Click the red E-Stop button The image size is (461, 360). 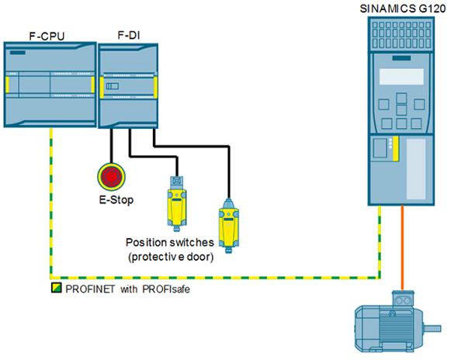click(112, 176)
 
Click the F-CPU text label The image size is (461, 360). click(47, 36)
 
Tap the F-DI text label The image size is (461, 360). click(129, 35)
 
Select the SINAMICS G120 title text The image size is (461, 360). click(403, 9)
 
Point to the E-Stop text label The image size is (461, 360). click(116, 200)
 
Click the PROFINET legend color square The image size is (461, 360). click(57, 288)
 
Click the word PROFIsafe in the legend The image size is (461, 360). click(166, 289)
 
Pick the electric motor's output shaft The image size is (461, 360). click(432, 328)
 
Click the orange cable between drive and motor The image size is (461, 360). click(402, 247)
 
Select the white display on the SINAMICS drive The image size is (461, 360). click(401, 77)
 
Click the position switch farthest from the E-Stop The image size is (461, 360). click(228, 226)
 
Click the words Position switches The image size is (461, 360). click(170, 242)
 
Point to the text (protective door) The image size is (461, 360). click(171, 257)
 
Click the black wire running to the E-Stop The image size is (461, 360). click(112, 146)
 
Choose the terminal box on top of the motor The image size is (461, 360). click(403, 299)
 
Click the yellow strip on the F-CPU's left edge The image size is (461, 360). click(7, 85)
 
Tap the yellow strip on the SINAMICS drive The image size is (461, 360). click(396, 148)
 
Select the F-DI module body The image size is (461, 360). click(128, 86)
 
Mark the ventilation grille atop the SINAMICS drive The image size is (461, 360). click(401, 34)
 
